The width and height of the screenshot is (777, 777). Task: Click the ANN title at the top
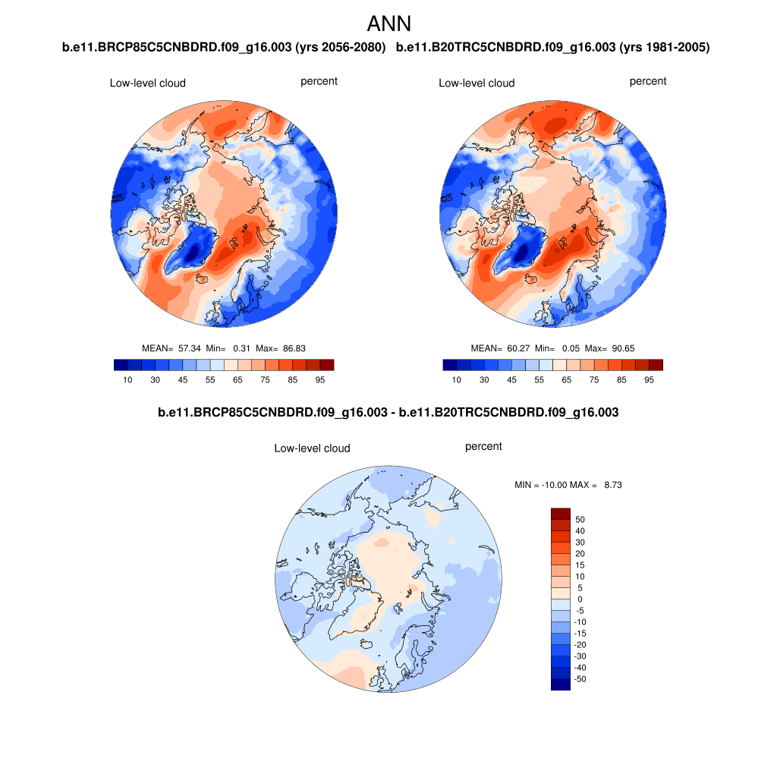(388, 24)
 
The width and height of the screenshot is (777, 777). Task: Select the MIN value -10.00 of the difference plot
(561, 484)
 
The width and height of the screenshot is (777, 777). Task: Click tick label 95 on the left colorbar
(320, 379)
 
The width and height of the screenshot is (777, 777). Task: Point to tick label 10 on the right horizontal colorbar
(456, 379)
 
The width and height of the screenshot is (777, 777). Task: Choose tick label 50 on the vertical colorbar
(580, 520)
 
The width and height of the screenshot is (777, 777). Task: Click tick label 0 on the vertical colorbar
(580, 599)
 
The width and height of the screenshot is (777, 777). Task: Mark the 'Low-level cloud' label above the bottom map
(312, 448)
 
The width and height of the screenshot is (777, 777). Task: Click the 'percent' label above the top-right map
(648, 81)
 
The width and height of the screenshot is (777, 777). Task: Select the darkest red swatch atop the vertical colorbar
(560, 514)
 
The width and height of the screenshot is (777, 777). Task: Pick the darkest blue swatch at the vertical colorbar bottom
(560, 684)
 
